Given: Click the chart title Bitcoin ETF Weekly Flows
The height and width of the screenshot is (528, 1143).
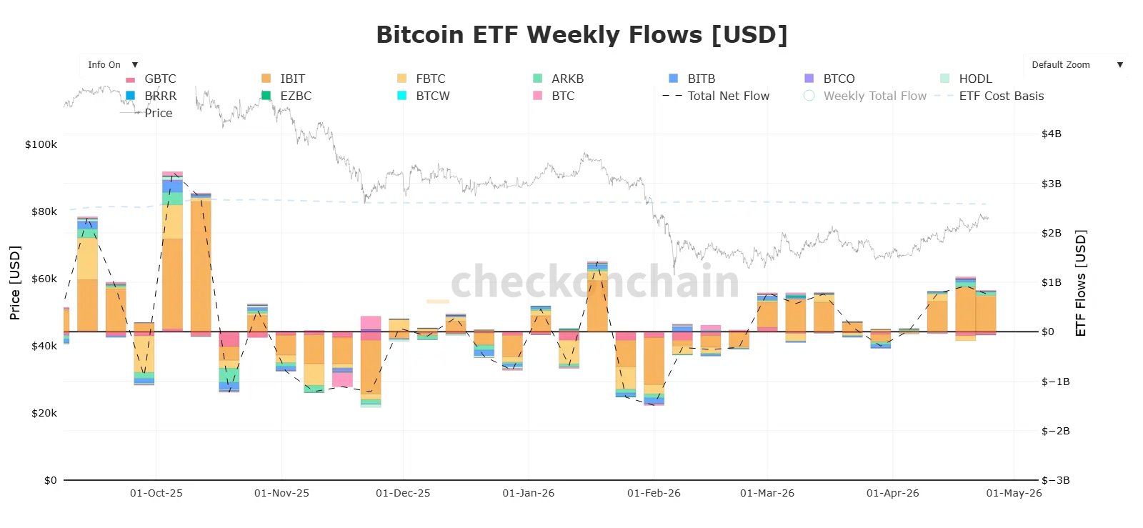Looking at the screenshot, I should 581,35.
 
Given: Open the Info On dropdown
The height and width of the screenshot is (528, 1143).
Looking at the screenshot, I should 111,65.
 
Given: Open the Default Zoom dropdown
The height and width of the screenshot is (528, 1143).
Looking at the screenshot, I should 1075,65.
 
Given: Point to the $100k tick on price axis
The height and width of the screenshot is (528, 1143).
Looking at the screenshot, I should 41,144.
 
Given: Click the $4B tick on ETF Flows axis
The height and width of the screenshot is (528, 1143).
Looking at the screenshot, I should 1052,134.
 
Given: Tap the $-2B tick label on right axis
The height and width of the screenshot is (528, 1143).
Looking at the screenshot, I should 1055,431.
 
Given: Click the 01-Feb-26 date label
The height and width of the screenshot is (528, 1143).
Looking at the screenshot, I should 654,493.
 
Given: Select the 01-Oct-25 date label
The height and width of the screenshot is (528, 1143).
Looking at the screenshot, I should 156,493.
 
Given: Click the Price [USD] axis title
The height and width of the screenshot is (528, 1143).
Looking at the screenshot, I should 15,282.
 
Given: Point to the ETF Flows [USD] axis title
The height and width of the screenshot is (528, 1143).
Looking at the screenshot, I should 1080,282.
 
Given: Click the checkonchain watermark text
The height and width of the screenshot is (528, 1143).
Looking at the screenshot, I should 594,281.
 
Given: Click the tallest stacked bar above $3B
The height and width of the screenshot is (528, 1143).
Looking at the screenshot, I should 172,250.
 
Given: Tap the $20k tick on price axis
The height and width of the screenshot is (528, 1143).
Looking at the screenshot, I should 44,413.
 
